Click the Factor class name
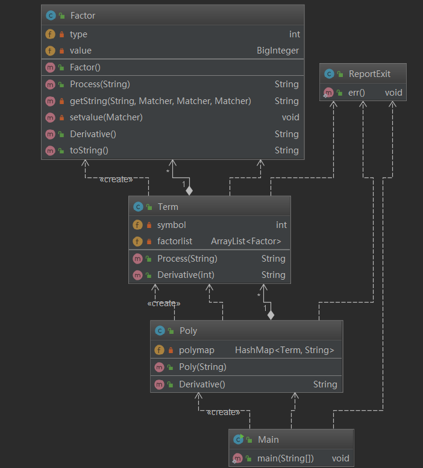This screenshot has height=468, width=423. [x=83, y=15]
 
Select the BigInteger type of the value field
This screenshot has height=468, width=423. [x=277, y=51]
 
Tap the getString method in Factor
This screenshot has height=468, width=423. [x=160, y=101]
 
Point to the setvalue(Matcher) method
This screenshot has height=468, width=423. [x=106, y=117]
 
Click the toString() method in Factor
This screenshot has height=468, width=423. [x=89, y=150]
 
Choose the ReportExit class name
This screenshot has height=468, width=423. [x=369, y=74]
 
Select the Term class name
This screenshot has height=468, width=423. [x=168, y=207]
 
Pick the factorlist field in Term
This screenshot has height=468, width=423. [x=175, y=241]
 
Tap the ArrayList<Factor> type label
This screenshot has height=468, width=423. [x=246, y=241]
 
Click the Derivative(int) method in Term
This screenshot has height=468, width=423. [x=186, y=275]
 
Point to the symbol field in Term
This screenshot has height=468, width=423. [x=171, y=225]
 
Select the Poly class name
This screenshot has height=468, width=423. [x=188, y=330]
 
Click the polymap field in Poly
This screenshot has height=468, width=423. [x=197, y=349]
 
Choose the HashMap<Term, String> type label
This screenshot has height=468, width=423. [x=284, y=349]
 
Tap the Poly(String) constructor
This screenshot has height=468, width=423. [x=202, y=367]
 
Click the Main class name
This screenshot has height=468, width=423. [x=268, y=440]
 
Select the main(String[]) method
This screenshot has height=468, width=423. [x=285, y=458]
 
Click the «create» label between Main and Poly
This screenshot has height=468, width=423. [x=223, y=412]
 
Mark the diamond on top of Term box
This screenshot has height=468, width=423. [x=189, y=191]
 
